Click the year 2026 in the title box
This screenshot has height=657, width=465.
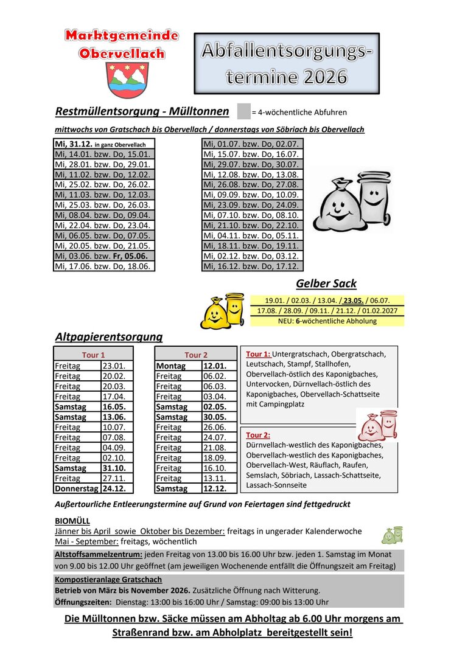pos(317,77)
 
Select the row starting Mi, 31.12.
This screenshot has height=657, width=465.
pos(103,144)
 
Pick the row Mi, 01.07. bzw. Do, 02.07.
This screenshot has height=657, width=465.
pos(251,144)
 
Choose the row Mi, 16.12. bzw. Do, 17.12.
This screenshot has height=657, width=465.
pos(251,266)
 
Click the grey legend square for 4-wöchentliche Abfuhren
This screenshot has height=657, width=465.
pos(243,112)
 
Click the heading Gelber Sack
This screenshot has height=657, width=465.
pos(326,283)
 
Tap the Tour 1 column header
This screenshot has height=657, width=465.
pos(94,355)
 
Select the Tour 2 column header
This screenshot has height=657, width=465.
pos(196,355)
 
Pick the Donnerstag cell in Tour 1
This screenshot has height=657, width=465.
pos(77,488)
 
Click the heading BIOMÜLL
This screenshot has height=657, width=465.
pos(72,521)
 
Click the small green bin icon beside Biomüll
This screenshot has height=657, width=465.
pos(392,535)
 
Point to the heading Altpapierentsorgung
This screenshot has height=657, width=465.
pos(109,336)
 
